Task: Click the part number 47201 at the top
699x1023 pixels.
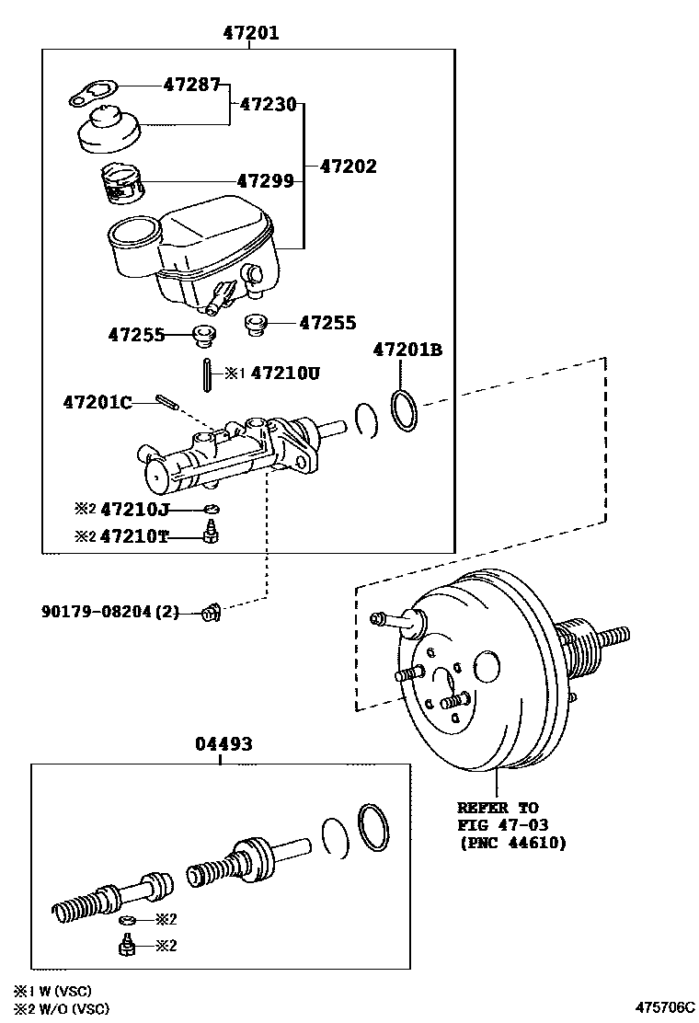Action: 251,32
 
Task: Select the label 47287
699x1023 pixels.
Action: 191,84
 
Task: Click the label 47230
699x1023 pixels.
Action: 268,104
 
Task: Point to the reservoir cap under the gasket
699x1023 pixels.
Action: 109,131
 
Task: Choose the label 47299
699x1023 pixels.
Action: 266,180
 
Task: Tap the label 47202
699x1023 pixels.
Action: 349,167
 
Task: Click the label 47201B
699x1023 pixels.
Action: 407,350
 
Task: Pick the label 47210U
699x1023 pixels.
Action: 286,374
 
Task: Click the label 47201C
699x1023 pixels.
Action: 97,402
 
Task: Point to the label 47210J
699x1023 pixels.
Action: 134,509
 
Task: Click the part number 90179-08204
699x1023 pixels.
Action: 97,612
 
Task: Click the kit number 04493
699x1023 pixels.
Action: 223,743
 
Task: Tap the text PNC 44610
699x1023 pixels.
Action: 513,843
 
